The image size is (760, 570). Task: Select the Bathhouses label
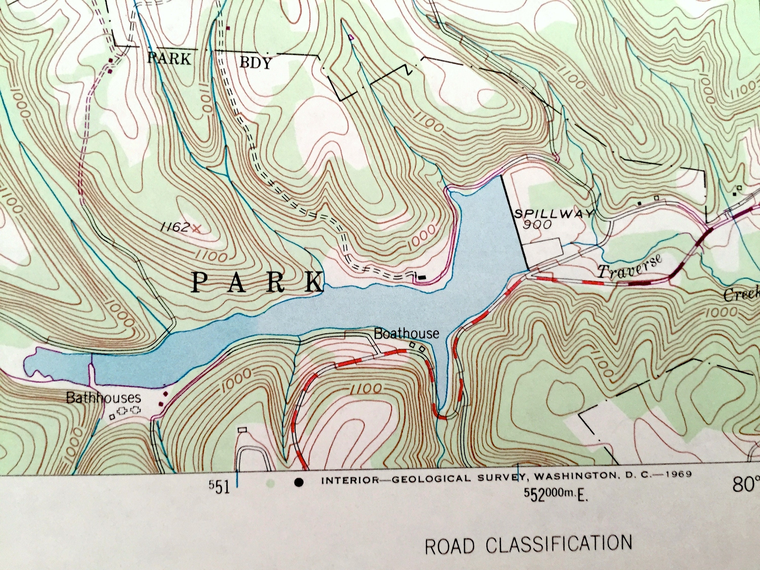pos(103,398)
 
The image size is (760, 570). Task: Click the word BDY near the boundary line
pos(255,63)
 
